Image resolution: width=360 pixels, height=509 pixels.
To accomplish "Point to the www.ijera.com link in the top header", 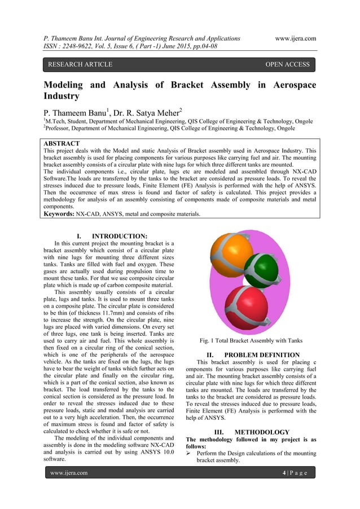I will [295, 38].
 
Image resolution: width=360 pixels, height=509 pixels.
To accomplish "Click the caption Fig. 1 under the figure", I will [210, 340].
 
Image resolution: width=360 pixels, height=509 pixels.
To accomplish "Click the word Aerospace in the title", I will [287, 85].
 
